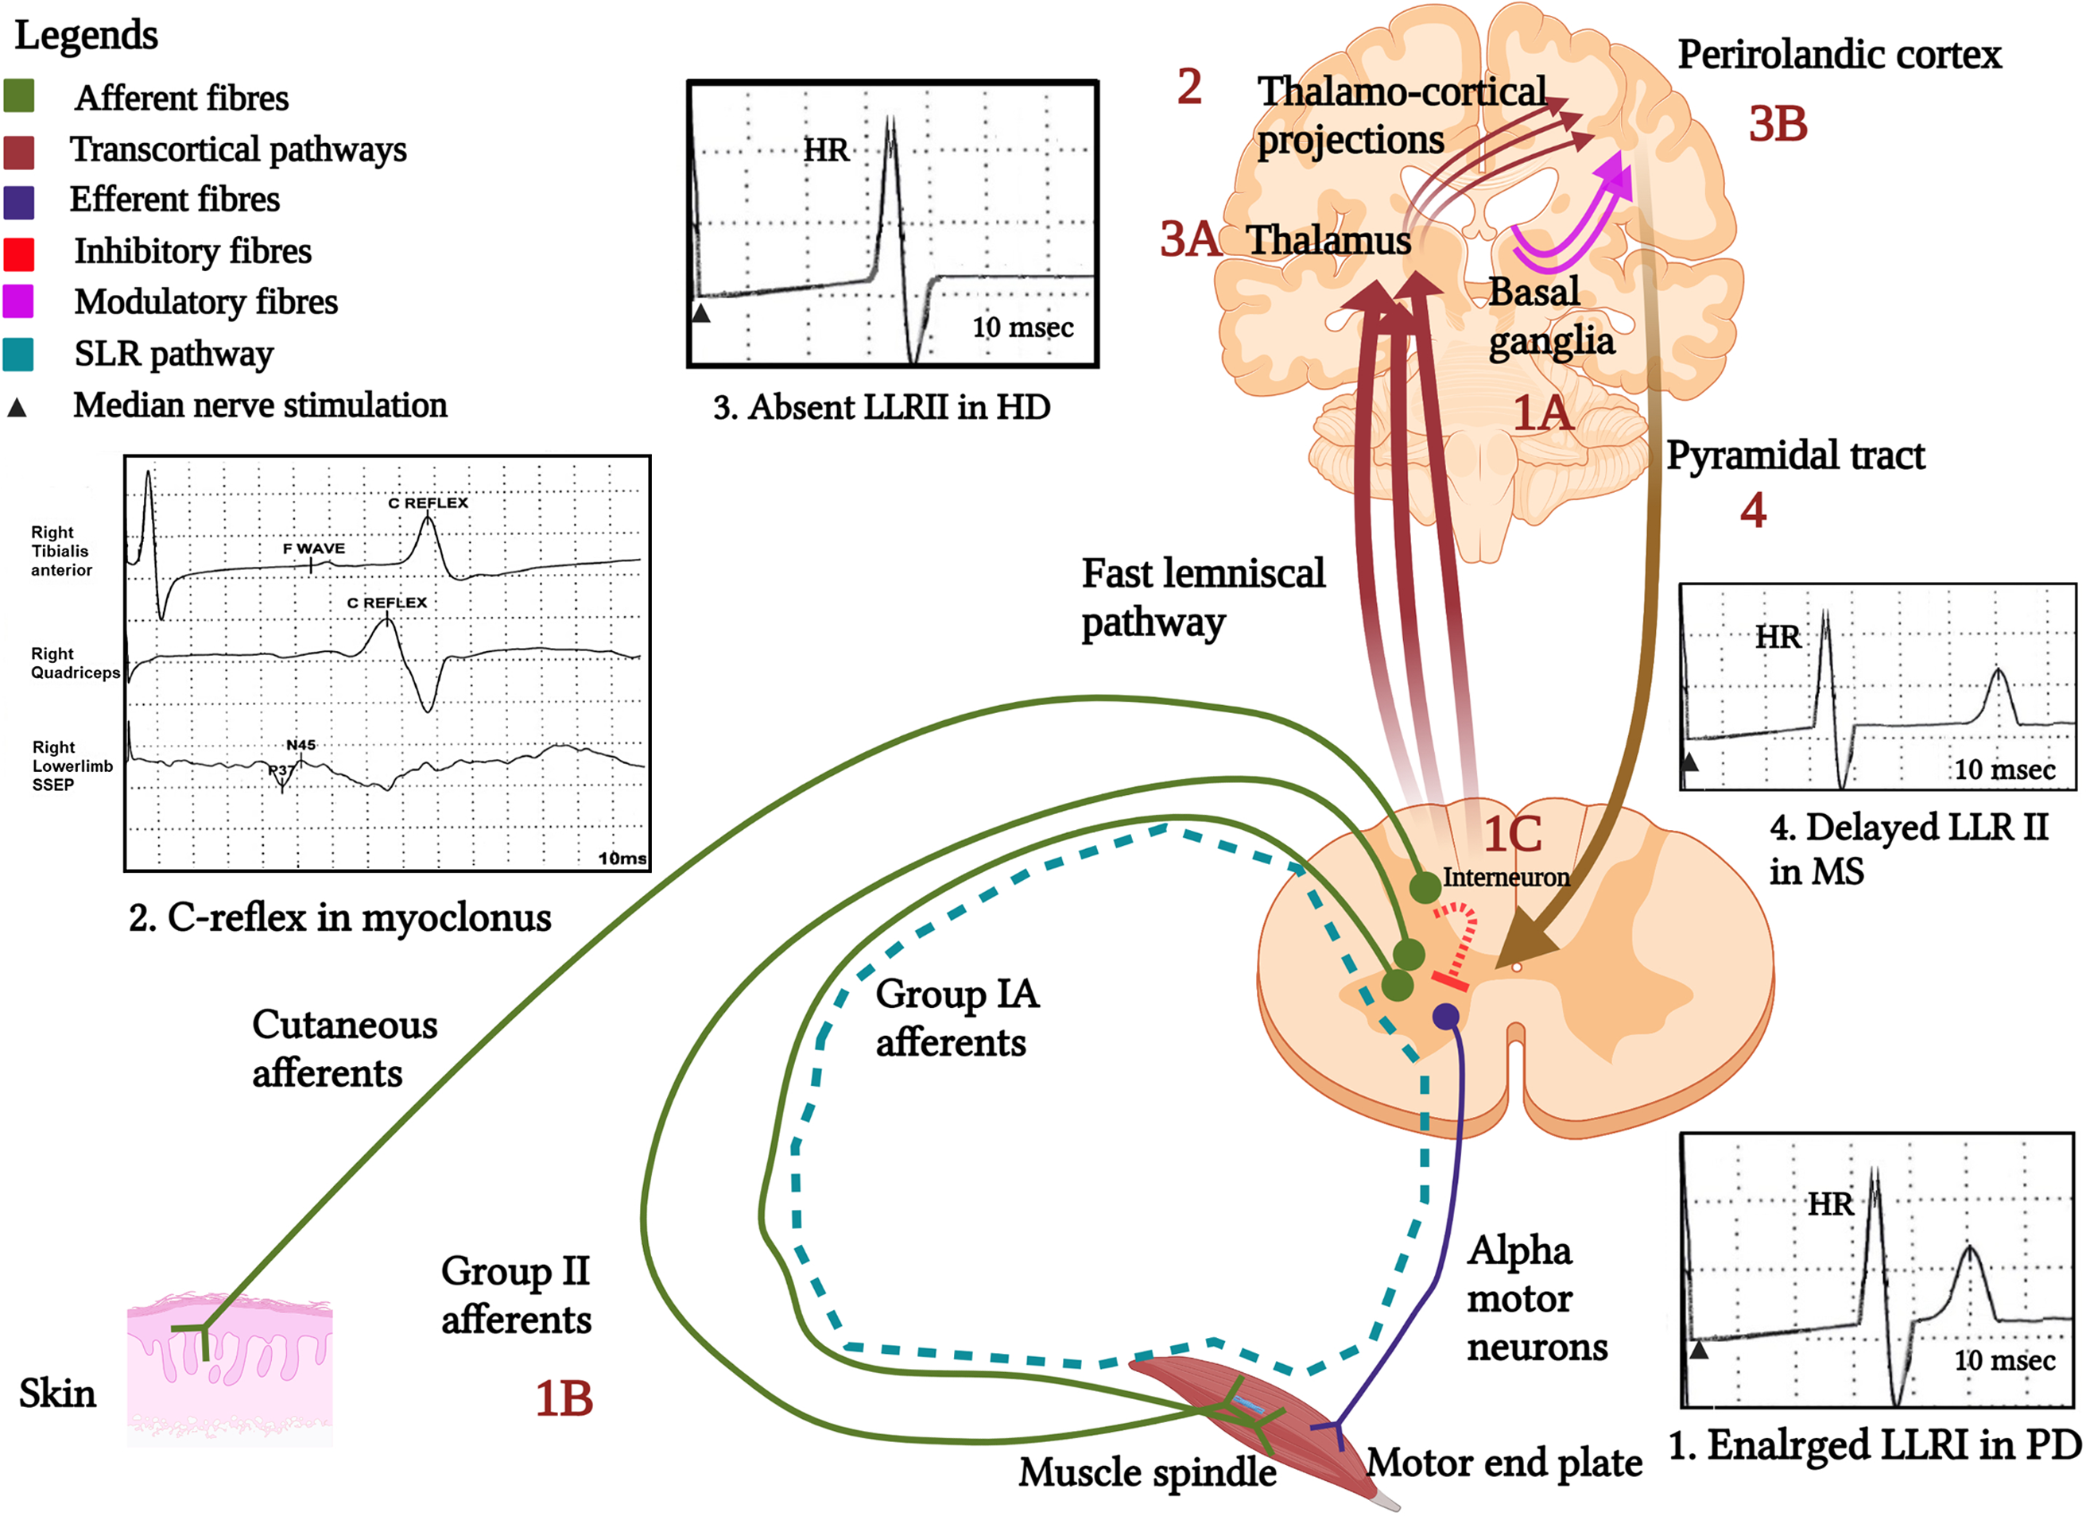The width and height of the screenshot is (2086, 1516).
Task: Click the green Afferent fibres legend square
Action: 18,95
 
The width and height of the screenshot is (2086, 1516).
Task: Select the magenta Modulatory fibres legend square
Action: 18,300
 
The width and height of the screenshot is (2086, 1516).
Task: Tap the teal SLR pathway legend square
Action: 18,353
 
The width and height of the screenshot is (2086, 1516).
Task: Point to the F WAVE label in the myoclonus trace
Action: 314,549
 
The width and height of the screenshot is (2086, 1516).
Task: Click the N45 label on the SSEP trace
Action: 300,745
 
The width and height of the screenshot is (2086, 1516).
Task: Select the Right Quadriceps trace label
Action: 75,663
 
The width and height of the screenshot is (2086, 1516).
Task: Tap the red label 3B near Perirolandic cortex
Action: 1777,125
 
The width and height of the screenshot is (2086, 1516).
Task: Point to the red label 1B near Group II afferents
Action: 564,1399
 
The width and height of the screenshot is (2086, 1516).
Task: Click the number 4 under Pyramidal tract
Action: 1753,510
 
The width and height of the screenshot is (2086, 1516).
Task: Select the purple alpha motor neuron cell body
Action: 1446,1017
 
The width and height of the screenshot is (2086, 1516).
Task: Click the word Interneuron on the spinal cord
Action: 1506,878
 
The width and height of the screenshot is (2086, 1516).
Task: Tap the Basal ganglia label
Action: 1551,316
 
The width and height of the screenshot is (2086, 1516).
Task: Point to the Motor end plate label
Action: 1504,1463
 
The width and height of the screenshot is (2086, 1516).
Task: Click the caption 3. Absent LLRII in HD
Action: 881,408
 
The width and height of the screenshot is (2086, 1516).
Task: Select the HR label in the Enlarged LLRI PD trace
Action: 1830,1204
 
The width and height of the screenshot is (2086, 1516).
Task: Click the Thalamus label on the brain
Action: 1328,241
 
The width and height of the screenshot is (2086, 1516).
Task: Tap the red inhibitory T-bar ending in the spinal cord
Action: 1448,983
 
